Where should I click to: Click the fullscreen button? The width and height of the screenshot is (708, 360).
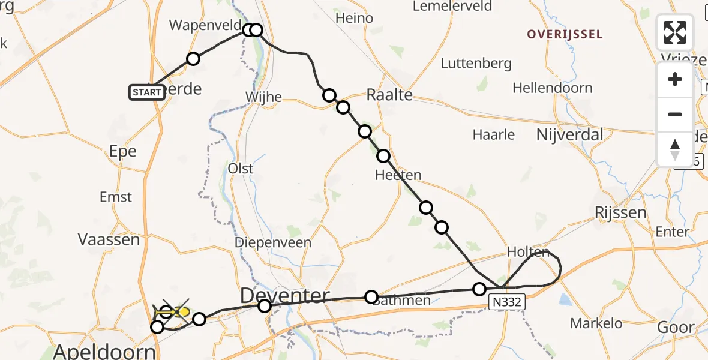tap(675, 32)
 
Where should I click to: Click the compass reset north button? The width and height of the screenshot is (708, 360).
tap(675, 149)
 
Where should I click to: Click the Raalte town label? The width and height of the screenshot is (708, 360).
tap(389, 95)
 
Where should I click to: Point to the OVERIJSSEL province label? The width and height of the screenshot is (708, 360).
tap(565, 34)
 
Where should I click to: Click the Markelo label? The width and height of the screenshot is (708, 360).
tap(596, 323)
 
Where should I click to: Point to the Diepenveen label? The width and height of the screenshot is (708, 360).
tap(273, 243)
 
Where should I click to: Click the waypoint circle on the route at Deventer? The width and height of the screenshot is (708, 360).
tap(265, 307)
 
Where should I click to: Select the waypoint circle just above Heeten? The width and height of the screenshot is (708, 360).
tap(383, 157)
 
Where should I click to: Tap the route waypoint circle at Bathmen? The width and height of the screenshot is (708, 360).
tap(371, 297)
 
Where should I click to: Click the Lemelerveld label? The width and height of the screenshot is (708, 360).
tap(452, 7)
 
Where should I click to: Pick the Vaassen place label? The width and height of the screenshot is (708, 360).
tap(109, 239)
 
